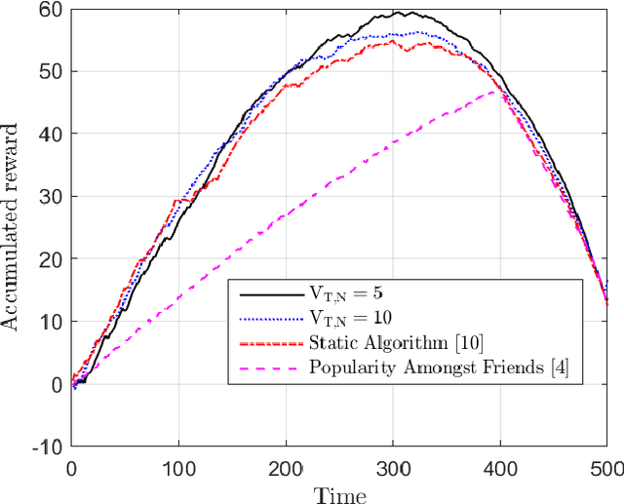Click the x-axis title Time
[x=338, y=493]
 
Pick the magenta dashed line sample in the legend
[x=266, y=367]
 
